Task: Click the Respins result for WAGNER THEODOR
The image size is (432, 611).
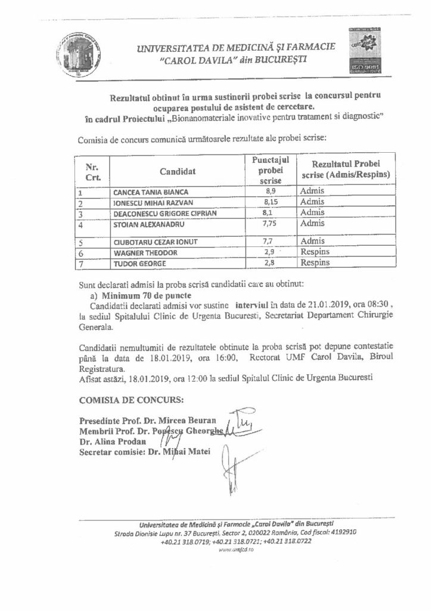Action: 314,253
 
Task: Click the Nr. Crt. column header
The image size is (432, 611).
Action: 92,172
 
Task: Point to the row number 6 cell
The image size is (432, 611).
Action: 80,253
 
